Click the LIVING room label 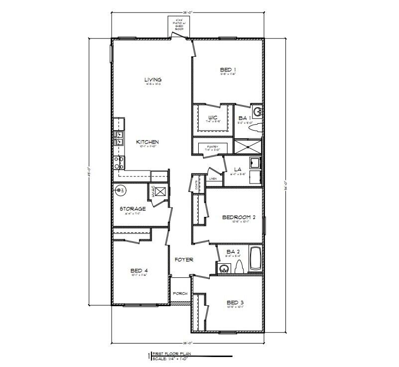pos(153,80)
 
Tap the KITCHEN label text pos(147,142)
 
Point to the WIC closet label pos(213,118)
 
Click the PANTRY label pos(213,147)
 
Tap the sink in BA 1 pos(258,111)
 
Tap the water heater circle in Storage pos(120,190)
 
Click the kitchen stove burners pos(119,162)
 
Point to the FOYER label pos(183,260)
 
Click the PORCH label pos(179,294)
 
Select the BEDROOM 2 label pos(239,217)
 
